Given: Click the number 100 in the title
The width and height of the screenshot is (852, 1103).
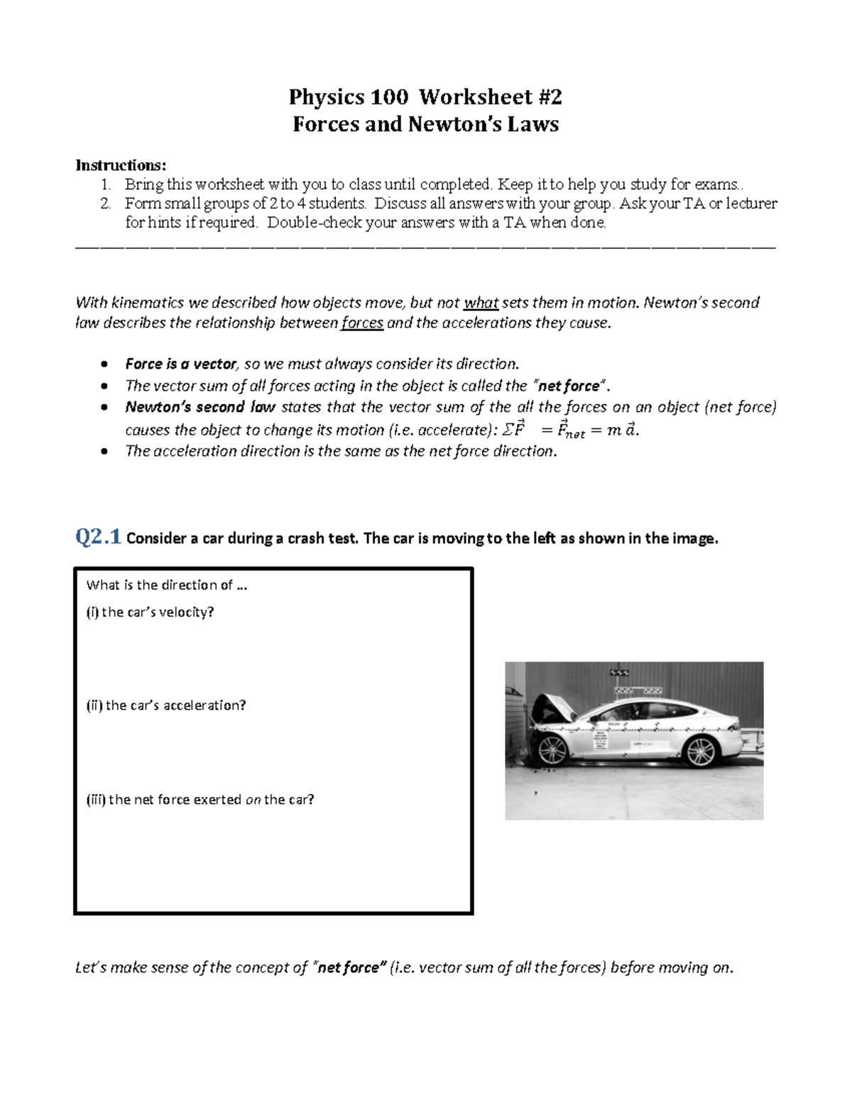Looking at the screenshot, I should [388, 97].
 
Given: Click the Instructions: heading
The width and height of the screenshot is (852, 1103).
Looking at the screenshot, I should [121, 165].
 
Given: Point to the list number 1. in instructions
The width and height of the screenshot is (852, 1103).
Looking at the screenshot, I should [105, 185].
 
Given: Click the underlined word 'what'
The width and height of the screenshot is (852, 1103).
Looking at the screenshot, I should [481, 303].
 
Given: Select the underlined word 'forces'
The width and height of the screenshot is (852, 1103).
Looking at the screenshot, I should [362, 323].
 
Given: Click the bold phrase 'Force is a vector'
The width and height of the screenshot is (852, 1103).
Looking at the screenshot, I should [180, 364].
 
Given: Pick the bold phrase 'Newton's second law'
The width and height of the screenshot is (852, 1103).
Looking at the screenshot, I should [200, 408].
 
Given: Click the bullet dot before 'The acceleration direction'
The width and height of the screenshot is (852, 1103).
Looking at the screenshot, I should [105, 452].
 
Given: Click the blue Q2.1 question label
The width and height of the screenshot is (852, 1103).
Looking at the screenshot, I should [98, 538].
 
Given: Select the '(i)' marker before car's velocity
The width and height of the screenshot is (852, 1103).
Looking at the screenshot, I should [92, 612].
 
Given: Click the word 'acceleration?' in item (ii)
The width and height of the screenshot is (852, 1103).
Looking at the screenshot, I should [204, 705].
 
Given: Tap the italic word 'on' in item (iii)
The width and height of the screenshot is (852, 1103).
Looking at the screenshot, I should [253, 800].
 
